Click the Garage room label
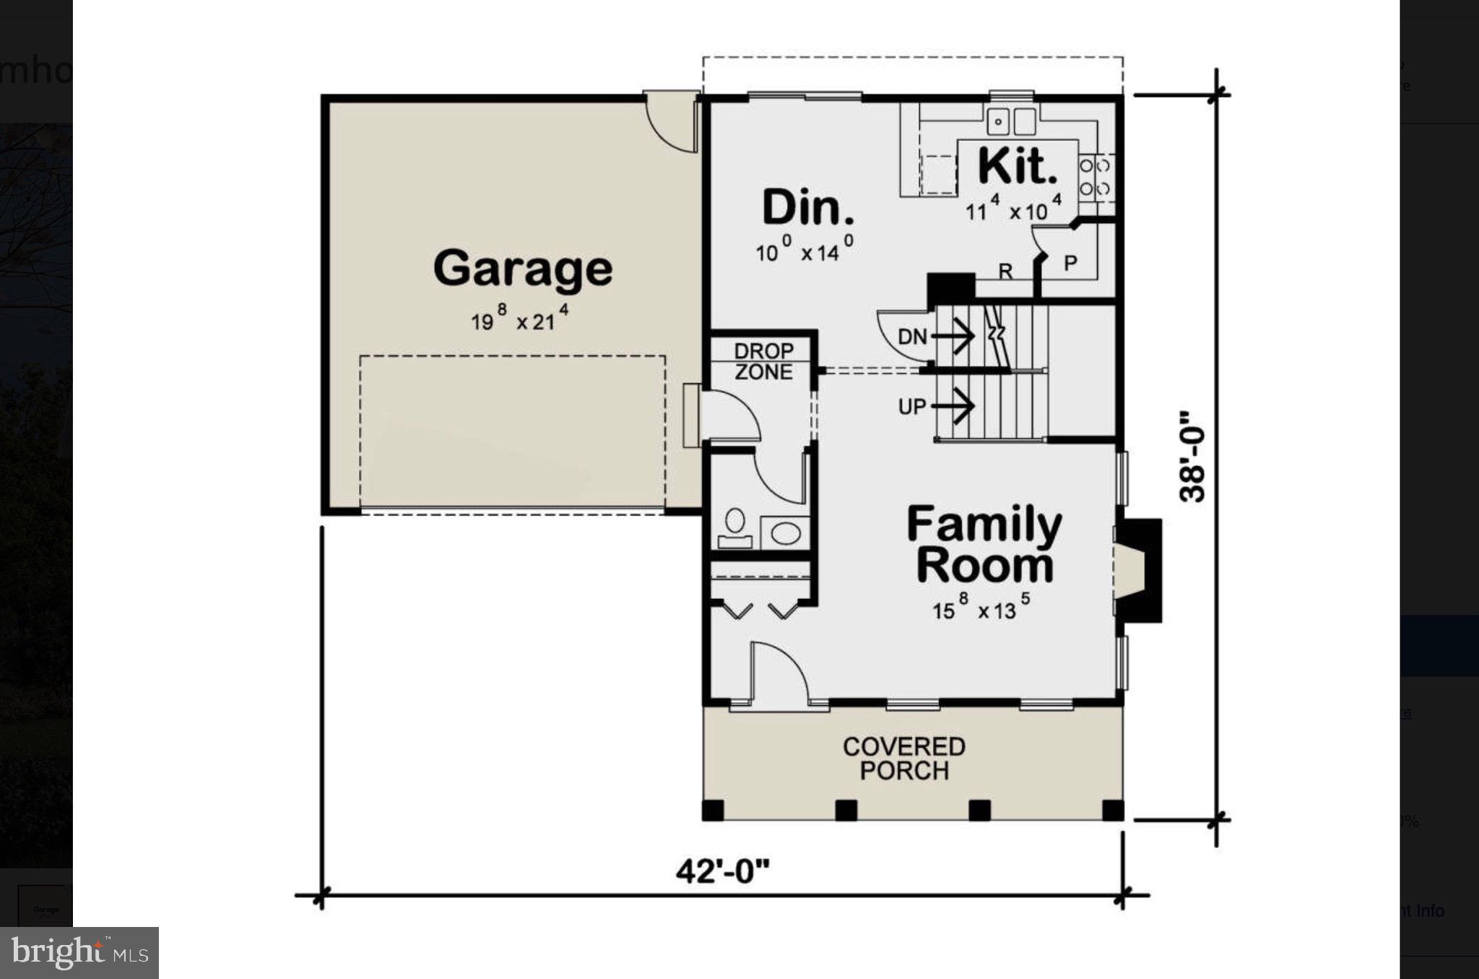[x=523, y=269]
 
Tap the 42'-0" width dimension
[x=722, y=872]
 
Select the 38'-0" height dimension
[x=1192, y=457]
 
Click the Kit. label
[x=1018, y=167]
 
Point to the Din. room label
[x=808, y=208]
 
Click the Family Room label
[x=984, y=545]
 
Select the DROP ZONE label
[x=763, y=361]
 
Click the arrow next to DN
[x=955, y=337]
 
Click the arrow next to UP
[x=955, y=406]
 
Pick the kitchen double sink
[x=1012, y=121]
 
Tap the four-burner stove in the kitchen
[x=1095, y=178]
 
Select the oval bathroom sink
[x=786, y=534]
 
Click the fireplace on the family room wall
[x=1137, y=570]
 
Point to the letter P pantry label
[x=1071, y=264]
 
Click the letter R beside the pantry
[x=1005, y=272]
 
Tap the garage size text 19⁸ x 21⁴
[x=520, y=319]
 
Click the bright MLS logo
[x=79, y=953]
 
